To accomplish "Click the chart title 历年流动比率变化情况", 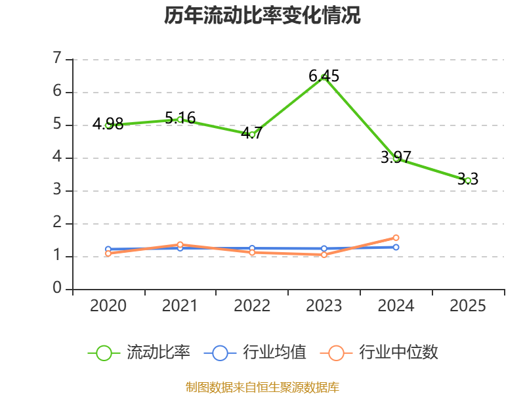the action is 262,15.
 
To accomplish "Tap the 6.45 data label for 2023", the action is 324,76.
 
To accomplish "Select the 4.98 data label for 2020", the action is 108,124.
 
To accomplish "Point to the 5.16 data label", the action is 180,118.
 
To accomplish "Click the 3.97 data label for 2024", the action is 396,157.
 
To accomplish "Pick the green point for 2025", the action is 468,181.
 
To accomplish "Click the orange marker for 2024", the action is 396,238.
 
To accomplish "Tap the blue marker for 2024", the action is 396,248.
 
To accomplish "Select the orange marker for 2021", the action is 180,244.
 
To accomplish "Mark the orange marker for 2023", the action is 324,255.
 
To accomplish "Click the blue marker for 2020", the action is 108,249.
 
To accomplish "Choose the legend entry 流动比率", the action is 139,353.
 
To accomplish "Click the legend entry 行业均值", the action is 255,353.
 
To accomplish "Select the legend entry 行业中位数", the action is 379,353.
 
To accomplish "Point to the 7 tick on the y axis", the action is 57,58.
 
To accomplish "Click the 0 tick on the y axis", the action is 57,288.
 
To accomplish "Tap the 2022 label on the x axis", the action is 252,306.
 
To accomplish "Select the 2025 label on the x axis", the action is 468,306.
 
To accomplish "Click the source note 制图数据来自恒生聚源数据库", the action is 262,387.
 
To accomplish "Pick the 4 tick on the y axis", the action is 57,157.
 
